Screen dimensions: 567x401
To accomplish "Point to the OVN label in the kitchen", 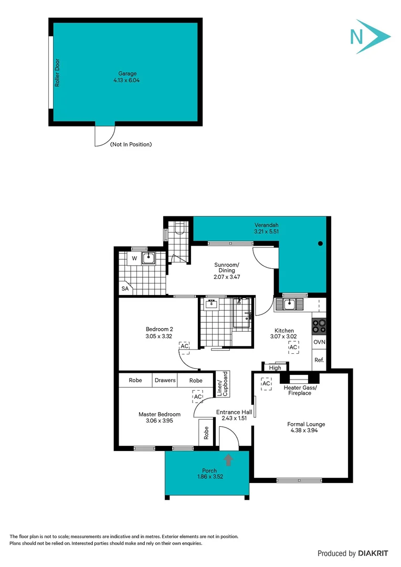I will [319, 342].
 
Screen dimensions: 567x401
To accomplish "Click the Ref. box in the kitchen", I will [319, 361].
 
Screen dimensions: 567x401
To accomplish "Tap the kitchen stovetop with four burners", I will [319, 327].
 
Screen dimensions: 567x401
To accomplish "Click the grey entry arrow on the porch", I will [228, 460].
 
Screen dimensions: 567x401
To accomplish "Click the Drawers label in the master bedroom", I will [165, 380].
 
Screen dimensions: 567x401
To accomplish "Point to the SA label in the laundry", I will [125, 289].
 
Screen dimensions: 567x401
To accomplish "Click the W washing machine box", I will [134, 258].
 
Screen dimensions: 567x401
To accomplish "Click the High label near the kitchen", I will [275, 368].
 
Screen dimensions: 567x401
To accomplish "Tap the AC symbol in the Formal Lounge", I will [266, 384].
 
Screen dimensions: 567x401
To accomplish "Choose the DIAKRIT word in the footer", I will [376, 553].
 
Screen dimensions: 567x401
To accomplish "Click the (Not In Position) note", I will [131, 144].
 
